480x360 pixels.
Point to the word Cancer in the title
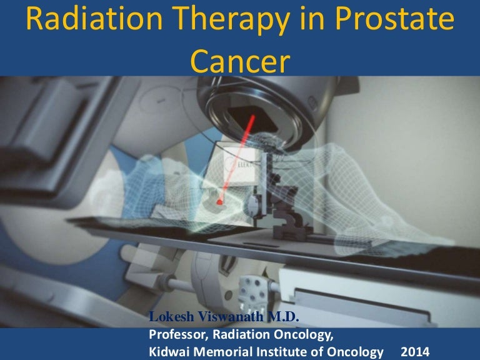click(239, 60)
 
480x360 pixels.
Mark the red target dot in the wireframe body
click(220, 202)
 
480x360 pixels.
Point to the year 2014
click(409, 352)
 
